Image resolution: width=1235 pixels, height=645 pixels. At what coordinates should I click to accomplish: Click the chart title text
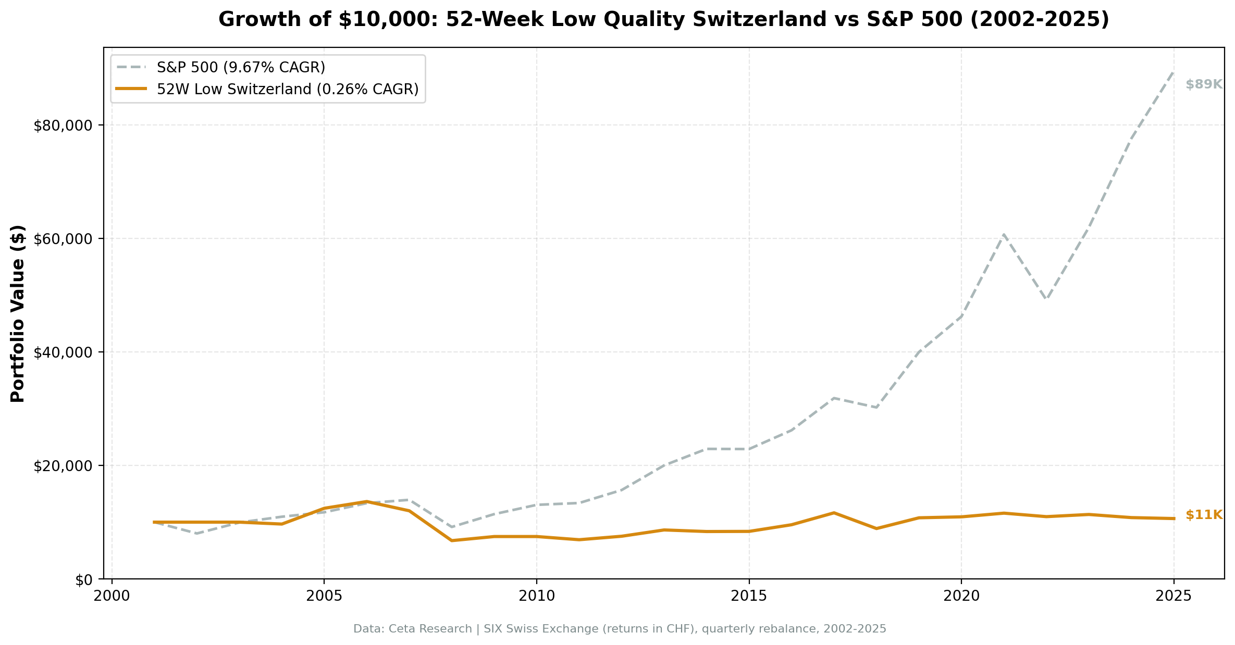(663, 20)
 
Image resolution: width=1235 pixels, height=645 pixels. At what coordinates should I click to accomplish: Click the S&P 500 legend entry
(241, 68)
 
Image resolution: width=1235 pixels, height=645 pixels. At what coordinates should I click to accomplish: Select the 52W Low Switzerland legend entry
(287, 90)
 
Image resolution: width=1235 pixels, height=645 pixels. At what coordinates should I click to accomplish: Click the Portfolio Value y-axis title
(18, 313)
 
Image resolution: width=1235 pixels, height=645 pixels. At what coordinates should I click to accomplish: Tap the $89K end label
(1204, 85)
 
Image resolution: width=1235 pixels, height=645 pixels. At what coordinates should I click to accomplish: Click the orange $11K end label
(1204, 515)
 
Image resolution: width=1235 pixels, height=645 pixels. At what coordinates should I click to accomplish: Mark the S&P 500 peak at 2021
(1004, 235)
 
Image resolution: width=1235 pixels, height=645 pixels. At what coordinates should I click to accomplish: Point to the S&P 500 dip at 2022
(1046, 299)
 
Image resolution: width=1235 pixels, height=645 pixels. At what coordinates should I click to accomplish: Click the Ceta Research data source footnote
(620, 629)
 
